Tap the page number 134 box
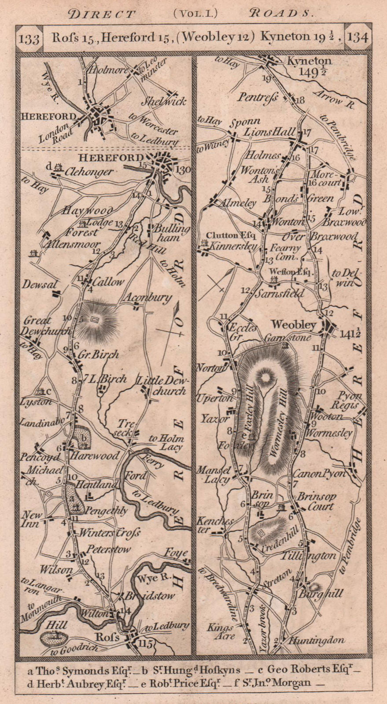pos(357,37)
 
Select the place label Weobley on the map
pos(294,325)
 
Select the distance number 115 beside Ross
pos(147,643)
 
